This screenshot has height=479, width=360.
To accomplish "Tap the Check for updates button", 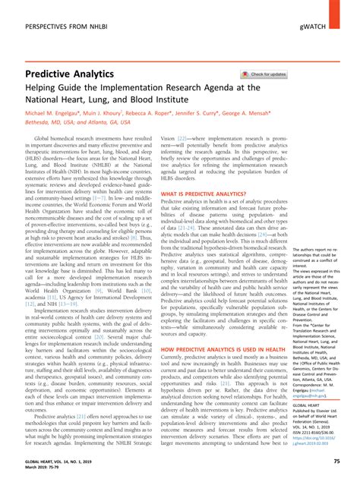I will pyautogui.click(x=264, y=75).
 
